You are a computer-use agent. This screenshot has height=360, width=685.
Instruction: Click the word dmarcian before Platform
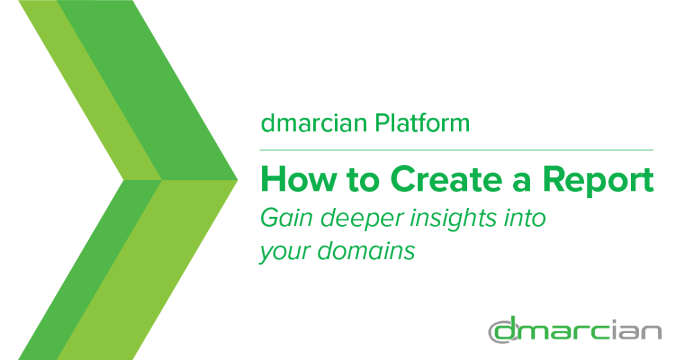tap(314, 123)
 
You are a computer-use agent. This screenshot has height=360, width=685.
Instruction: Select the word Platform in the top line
tap(423, 123)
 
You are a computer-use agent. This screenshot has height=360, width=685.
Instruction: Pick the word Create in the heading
tap(446, 179)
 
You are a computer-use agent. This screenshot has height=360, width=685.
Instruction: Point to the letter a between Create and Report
tap(522, 183)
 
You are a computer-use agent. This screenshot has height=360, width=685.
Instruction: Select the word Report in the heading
tap(598, 181)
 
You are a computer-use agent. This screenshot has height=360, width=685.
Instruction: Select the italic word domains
tap(366, 251)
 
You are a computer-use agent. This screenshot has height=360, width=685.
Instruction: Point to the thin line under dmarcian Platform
tap(456, 150)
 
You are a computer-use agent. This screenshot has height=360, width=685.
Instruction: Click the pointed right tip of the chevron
tap(237, 179)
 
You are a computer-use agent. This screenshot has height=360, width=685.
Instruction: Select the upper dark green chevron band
tap(147, 90)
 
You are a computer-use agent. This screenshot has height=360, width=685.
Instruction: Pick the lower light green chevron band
tap(147, 270)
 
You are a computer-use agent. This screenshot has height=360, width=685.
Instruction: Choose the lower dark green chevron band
tap(90, 270)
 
